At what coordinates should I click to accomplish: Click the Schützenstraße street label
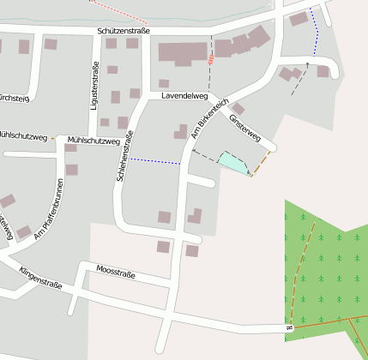pos(124,31)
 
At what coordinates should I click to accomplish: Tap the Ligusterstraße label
pos(94,86)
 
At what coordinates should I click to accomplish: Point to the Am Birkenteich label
pos(209,119)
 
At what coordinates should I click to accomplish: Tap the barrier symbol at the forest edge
pos(289,327)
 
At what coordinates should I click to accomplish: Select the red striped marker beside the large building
pos(211,59)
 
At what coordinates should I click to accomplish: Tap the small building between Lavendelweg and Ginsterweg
pos(238,109)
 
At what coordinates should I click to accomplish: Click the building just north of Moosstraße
pos(163,247)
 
